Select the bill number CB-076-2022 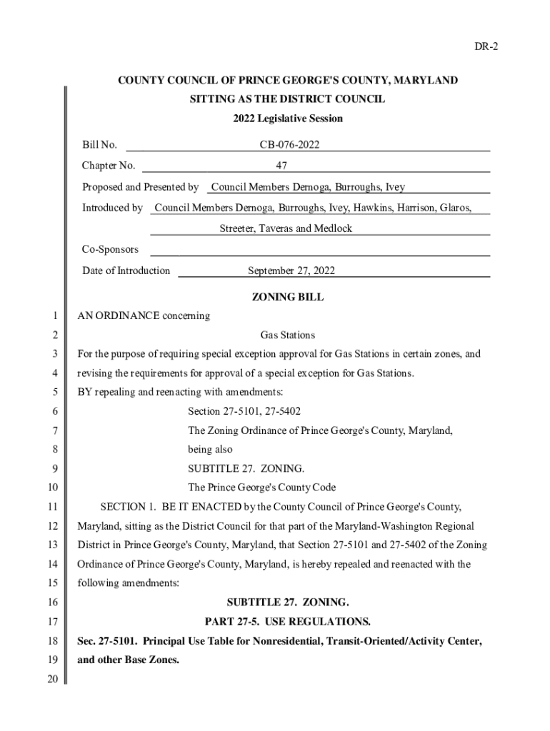(x=289, y=146)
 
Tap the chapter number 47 (x=281, y=166)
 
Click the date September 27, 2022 (x=291, y=271)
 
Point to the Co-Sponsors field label (x=110, y=250)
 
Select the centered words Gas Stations (x=287, y=335)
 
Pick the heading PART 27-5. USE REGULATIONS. (x=287, y=622)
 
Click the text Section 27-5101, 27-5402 (x=244, y=411)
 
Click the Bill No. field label (x=99, y=146)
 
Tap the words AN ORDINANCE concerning (x=144, y=316)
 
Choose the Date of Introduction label (x=126, y=271)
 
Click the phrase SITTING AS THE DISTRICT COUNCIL (x=287, y=99)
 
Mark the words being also (x=210, y=450)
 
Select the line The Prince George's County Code (x=261, y=488)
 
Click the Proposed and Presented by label (x=140, y=187)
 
